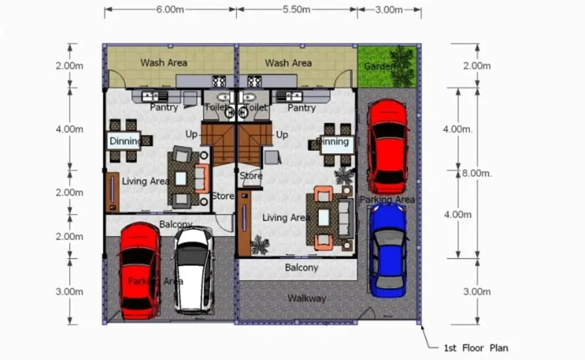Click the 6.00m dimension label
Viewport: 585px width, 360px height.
pos(170,9)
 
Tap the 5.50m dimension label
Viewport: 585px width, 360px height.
pos(297,9)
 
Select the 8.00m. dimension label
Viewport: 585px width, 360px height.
pos(477,173)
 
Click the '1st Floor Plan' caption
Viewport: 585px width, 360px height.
pos(476,348)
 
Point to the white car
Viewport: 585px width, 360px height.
pos(194,270)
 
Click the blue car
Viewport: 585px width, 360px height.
pos(388,250)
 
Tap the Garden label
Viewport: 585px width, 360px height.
pos(378,67)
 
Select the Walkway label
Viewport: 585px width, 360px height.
pos(307,299)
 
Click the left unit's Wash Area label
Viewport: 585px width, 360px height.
pos(164,63)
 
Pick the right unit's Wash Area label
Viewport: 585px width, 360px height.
pos(288,63)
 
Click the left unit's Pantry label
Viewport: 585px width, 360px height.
pos(164,108)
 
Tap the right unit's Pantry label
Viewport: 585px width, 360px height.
pos(301,108)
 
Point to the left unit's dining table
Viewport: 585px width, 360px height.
pos(123,141)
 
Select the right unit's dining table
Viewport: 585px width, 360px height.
pos(336,144)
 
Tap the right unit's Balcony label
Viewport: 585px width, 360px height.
pos(301,268)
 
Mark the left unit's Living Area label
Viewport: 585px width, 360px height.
pos(146,181)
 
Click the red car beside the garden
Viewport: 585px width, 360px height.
pos(388,146)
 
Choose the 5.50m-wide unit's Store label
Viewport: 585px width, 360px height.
pos(251,176)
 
